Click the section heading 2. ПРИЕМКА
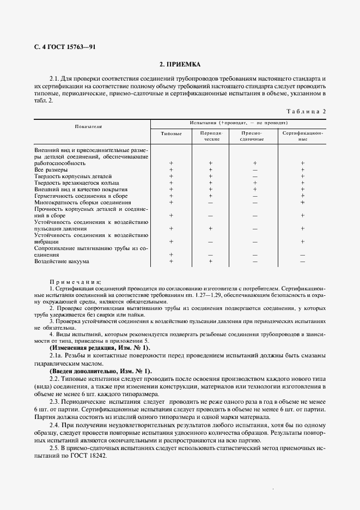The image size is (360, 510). click(x=180, y=64)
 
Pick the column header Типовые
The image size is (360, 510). click(x=171, y=133)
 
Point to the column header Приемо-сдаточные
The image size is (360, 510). click(x=253, y=136)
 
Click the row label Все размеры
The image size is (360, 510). click(x=51, y=170)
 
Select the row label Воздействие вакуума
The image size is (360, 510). click(x=61, y=262)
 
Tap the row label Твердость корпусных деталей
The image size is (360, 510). click(x=73, y=177)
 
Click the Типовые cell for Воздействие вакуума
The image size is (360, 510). click(x=171, y=262)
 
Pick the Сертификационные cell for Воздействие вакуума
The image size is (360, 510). click(x=303, y=262)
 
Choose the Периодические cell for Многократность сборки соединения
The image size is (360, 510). click(x=210, y=203)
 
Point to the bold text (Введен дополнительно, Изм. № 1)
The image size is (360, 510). click(x=100, y=371)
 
